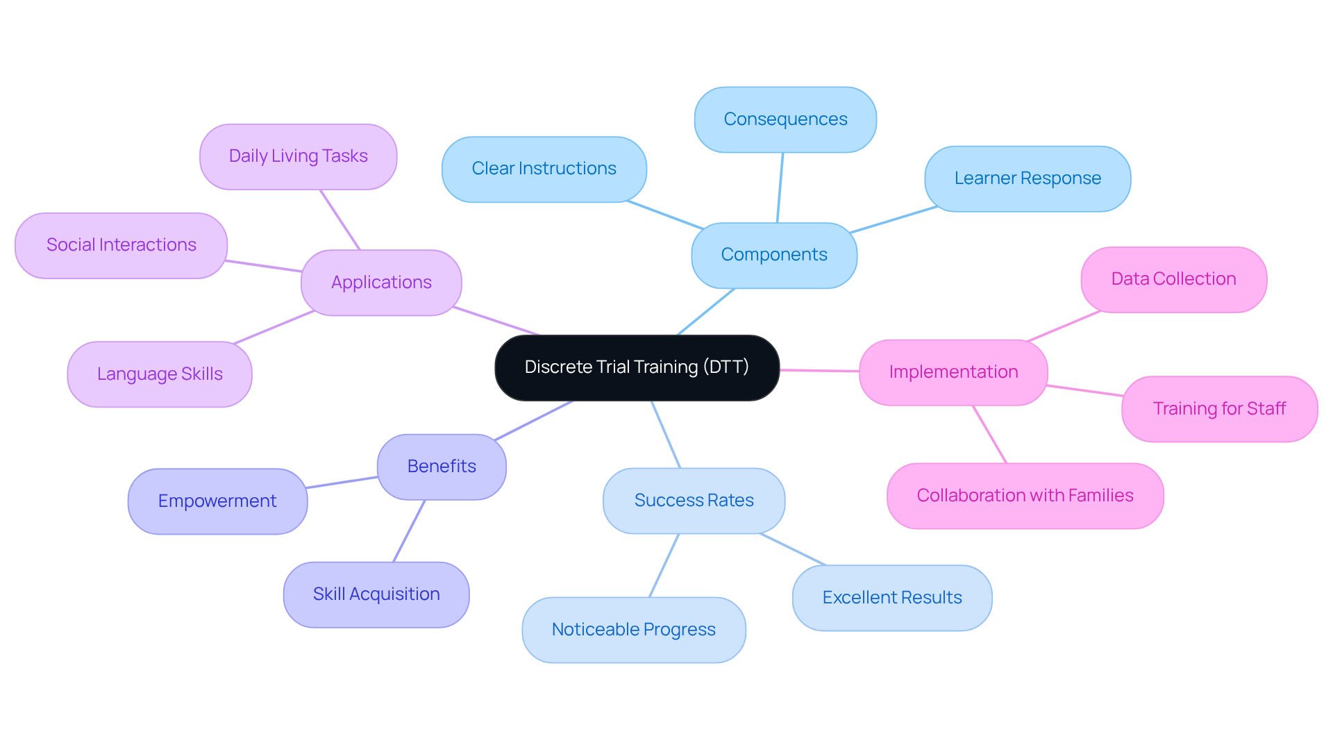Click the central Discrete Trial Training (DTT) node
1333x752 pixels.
(637, 367)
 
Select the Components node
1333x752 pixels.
(774, 255)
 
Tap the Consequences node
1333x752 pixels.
(785, 119)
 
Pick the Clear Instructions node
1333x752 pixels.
(544, 169)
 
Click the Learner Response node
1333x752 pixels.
(1028, 178)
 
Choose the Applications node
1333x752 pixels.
(381, 283)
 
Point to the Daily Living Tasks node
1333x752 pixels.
(298, 156)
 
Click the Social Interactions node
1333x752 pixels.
(121, 245)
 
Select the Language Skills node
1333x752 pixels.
(160, 374)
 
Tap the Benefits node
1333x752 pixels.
(442, 467)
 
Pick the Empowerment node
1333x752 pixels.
(217, 501)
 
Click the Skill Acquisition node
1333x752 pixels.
(376, 594)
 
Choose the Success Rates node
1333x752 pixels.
(694, 501)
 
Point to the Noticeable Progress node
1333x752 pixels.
(634, 630)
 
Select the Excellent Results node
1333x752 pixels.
(892, 598)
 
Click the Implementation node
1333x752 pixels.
(953, 372)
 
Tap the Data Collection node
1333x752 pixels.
(1173, 279)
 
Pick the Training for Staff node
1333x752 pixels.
(1219, 409)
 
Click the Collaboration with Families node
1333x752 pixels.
(1025, 496)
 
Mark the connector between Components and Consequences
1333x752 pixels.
(780, 187)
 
